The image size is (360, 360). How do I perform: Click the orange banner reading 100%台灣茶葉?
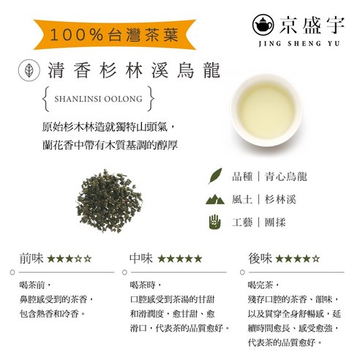click(108, 34)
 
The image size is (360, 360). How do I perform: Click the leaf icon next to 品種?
click(215, 176)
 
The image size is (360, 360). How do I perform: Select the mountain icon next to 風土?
click(215, 198)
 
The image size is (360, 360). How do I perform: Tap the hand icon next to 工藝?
click(215, 220)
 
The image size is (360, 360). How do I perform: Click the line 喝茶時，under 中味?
click(145, 283)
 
